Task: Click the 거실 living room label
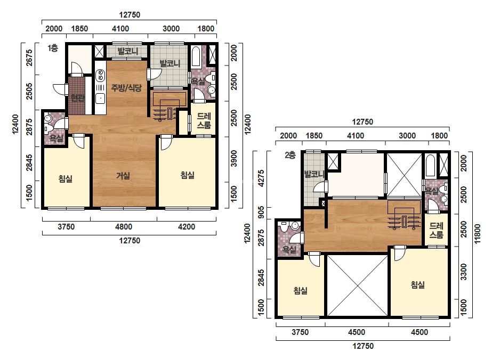123,176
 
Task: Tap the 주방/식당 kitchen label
126,88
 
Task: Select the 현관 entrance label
77,98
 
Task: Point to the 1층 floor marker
53,48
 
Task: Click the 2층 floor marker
290,155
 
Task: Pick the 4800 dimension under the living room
124,227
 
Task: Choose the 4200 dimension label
187,227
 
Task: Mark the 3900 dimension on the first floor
234,159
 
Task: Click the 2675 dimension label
29,58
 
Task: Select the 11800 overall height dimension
477,234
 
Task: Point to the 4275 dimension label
261,178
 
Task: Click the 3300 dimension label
463,272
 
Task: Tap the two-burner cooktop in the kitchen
100,75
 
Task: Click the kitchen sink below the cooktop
100,98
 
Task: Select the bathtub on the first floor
196,58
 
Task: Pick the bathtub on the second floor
430,165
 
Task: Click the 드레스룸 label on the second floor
437,230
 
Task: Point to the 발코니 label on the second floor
314,174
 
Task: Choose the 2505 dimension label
29,91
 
